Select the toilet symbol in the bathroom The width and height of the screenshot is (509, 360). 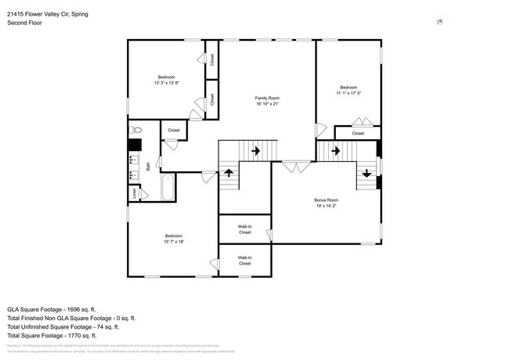[135, 129]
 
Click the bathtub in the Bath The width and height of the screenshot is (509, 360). [167, 186]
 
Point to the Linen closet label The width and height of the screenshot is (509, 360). [135, 193]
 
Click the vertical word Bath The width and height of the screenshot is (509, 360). [148, 165]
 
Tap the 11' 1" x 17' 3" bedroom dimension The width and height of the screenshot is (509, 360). [348, 93]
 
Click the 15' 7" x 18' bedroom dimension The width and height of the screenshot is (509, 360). [173, 242]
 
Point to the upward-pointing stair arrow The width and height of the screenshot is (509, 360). [229, 172]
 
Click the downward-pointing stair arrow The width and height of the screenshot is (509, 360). [366, 172]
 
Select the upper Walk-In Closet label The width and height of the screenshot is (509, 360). [244, 229]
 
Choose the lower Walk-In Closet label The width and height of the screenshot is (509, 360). [244, 260]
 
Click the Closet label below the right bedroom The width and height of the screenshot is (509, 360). [358, 133]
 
